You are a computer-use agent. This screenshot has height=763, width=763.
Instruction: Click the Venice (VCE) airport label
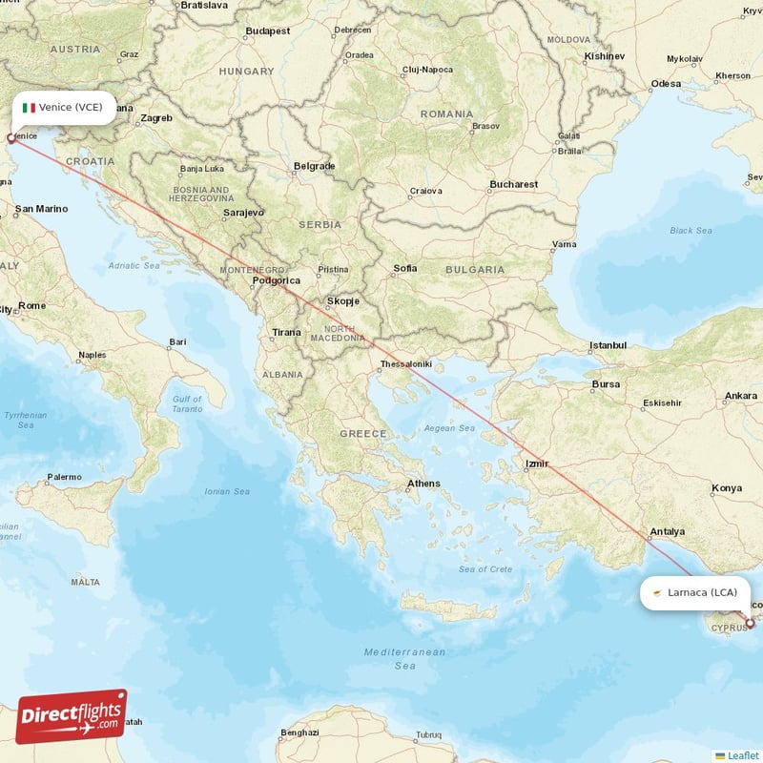point(70,107)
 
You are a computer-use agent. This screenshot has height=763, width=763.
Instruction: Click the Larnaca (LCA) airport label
point(702,592)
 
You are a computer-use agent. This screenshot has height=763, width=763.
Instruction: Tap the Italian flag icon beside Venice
point(29,108)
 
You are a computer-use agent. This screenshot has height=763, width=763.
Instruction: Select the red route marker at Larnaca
point(750,624)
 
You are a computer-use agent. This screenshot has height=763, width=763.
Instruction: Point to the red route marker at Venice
point(11,138)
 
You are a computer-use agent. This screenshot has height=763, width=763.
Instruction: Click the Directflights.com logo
point(71,716)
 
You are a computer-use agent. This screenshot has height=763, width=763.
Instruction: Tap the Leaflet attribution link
point(742,755)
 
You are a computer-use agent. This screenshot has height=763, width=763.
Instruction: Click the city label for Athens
point(423,484)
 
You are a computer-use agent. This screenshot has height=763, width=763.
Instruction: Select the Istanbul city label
point(608,344)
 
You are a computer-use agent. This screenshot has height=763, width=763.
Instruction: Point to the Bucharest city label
point(513,184)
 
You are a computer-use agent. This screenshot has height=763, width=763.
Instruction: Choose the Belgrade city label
point(314,166)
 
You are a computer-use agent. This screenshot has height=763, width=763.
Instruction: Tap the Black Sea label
point(691,231)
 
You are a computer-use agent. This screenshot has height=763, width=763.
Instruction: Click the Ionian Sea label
point(226,491)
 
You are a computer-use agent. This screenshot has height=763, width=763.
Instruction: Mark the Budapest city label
point(267,31)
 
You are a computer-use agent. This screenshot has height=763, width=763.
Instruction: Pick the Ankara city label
point(740,396)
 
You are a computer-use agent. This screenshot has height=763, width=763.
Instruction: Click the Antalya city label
point(667,531)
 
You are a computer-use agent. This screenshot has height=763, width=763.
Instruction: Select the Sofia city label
point(404,269)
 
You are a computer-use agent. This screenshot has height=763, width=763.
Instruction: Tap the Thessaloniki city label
point(406,364)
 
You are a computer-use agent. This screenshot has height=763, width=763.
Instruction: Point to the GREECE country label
point(362,434)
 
